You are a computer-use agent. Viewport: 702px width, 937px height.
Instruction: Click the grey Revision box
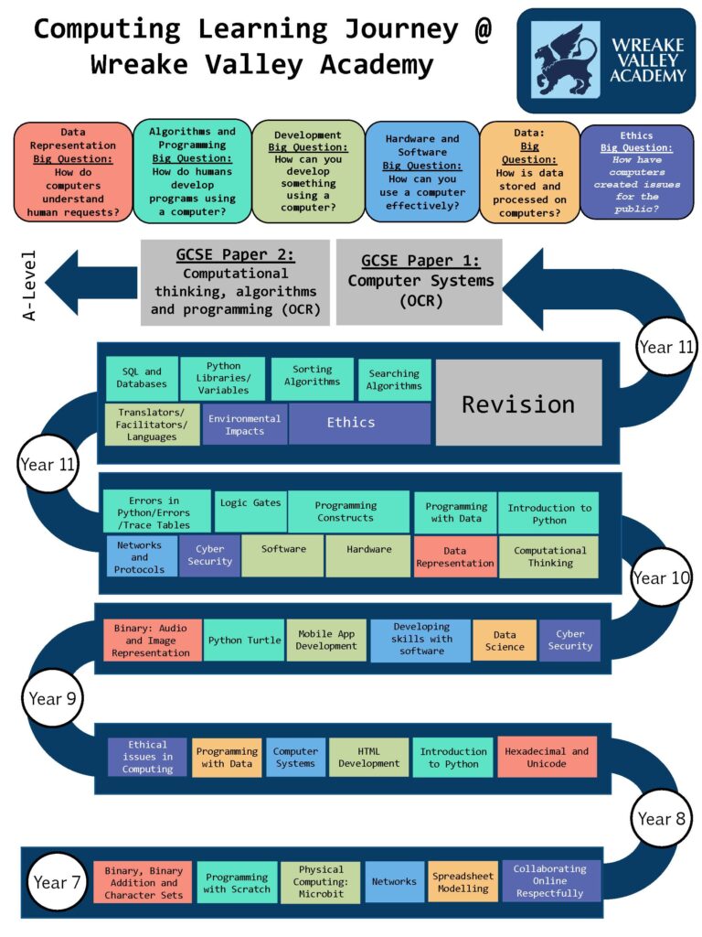click(518, 403)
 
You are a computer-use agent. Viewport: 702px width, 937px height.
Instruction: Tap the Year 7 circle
click(50, 883)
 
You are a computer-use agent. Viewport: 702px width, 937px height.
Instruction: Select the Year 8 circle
click(661, 818)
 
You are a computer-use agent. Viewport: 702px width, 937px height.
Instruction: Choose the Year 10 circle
click(662, 577)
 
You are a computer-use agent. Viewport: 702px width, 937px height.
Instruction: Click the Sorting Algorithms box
click(312, 376)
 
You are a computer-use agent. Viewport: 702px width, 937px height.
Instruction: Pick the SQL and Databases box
click(141, 378)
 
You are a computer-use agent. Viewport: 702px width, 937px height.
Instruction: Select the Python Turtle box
click(244, 641)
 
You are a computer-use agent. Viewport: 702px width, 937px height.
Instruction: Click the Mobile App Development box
click(326, 640)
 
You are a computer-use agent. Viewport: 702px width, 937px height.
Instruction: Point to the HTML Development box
click(368, 757)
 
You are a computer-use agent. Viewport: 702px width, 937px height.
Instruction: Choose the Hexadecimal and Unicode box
click(547, 757)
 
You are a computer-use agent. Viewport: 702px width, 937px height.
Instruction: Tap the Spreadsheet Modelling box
click(463, 880)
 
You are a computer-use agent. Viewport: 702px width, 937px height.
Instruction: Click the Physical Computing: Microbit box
click(321, 881)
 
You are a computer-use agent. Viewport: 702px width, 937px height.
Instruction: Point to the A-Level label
click(29, 285)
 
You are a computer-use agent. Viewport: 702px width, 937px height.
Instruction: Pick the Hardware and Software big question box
click(421, 171)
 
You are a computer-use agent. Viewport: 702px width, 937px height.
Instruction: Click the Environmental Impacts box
click(244, 425)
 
